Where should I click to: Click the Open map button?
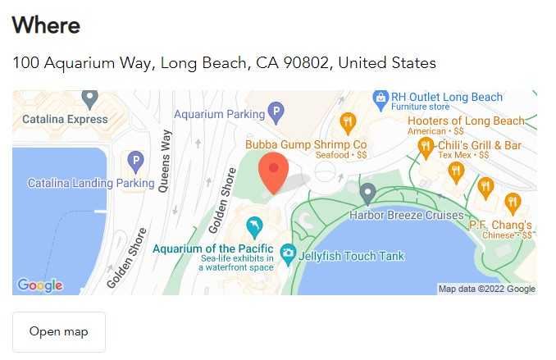click(x=59, y=331)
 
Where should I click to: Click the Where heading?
click(x=46, y=25)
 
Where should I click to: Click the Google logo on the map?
click(x=39, y=285)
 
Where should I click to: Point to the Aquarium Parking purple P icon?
click(x=276, y=111)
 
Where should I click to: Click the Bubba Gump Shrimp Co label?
click(x=306, y=144)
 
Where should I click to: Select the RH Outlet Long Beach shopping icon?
click(x=381, y=99)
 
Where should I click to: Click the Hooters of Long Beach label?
click(x=466, y=121)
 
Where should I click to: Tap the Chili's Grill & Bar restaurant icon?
click(x=426, y=148)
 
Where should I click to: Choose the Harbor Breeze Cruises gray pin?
click(x=368, y=194)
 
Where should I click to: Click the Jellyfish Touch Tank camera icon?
click(x=288, y=255)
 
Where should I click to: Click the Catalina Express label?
click(x=65, y=119)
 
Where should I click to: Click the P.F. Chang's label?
click(x=500, y=225)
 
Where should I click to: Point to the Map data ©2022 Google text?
click(x=486, y=289)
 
